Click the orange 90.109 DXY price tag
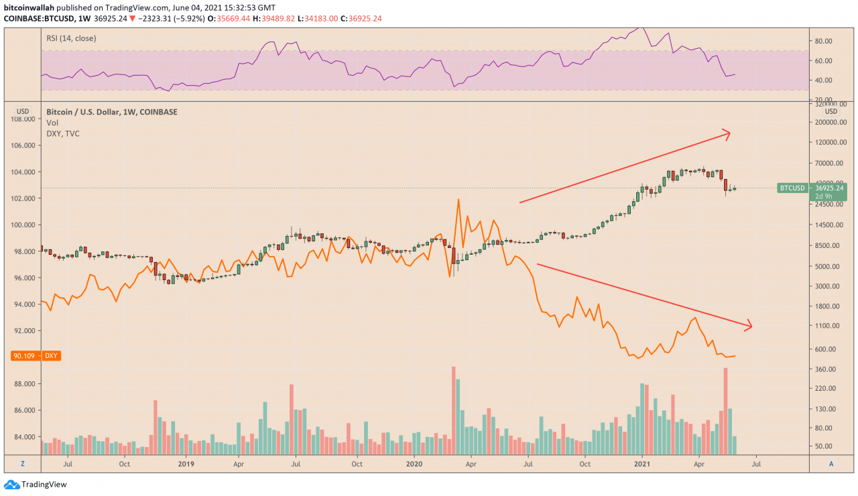pyautogui.click(x=36, y=356)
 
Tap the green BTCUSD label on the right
pyautogui.click(x=792, y=188)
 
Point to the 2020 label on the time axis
pyautogui.click(x=414, y=463)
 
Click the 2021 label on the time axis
pyautogui.click(x=643, y=463)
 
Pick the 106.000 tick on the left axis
pyautogui.click(x=22, y=145)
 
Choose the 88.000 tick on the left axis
pyautogui.click(x=22, y=384)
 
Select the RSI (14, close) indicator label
pyautogui.click(x=72, y=38)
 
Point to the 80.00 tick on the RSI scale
pyautogui.click(x=823, y=41)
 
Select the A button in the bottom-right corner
pyautogui.click(x=831, y=463)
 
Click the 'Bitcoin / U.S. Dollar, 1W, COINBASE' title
pyautogui.click(x=112, y=112)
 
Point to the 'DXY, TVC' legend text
pyautogui.click(x=64, y=133)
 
